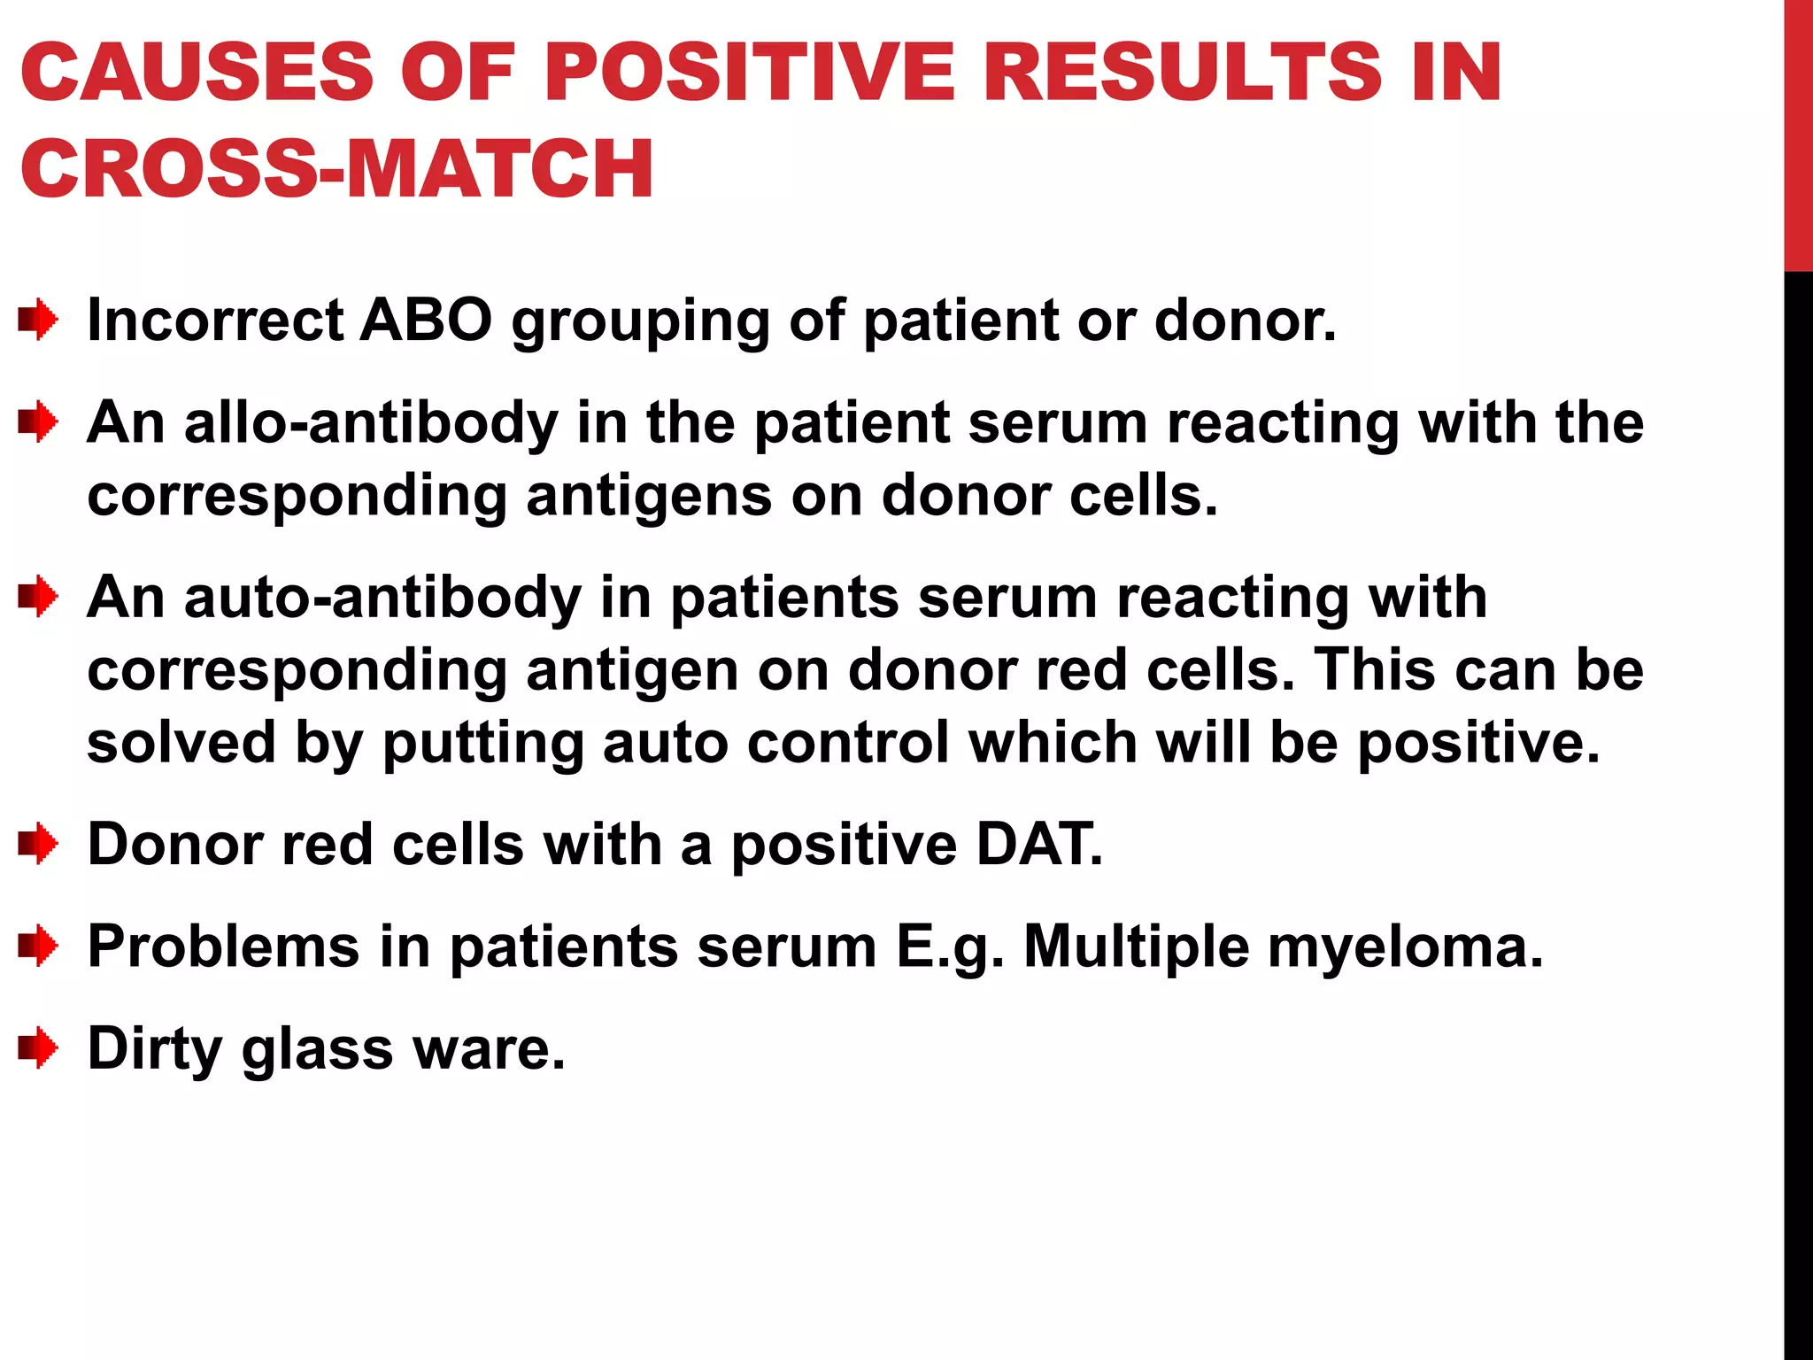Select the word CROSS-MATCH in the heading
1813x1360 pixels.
[336, 168]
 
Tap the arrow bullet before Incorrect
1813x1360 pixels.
[38, 320]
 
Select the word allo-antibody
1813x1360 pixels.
[372, 421]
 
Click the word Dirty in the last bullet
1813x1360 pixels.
[155, 1048]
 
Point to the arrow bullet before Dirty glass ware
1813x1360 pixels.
[38, 1048]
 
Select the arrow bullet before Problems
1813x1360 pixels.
[38, 946]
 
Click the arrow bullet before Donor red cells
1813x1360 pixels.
[38, 844]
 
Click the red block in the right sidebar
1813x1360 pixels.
[1798, 133]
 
